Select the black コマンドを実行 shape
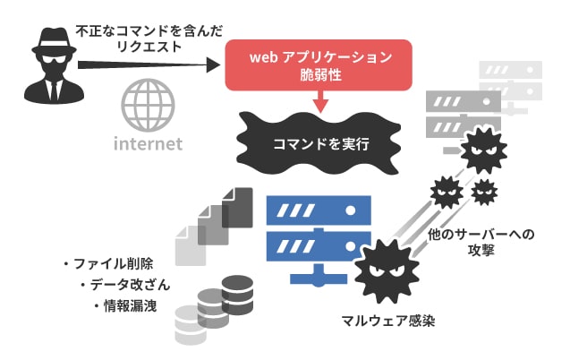point(315,142)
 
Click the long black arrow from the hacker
point(148,64)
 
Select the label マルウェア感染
point(387,320)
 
